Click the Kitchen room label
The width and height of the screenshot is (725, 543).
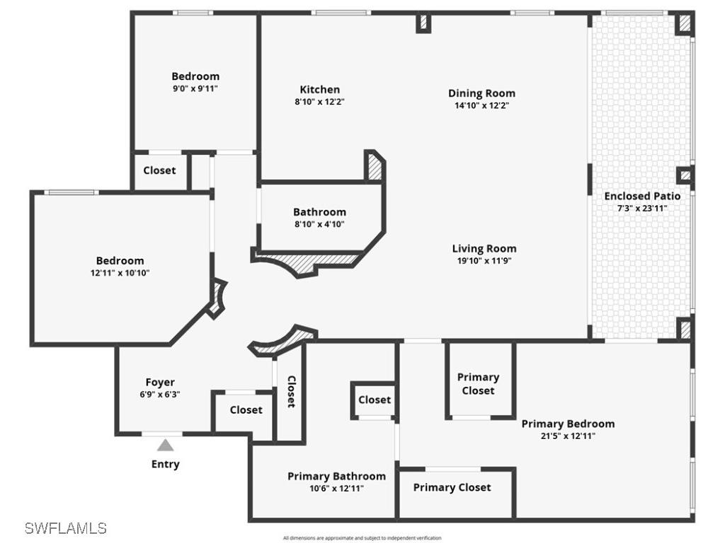320,90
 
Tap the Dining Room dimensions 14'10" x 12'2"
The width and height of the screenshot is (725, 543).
481,105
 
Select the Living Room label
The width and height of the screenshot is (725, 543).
484,248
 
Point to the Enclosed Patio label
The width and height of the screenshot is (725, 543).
642,196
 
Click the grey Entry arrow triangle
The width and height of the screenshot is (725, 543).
165,445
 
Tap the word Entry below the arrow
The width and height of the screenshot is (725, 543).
165,464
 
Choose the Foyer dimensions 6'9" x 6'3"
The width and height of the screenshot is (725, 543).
160,395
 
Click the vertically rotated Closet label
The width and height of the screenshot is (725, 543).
291,391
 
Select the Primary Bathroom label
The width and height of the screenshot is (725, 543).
336,476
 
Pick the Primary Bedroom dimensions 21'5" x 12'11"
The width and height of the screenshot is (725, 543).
568,436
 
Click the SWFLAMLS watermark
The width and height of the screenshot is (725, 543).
65,527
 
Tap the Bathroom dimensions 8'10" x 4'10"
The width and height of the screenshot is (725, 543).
319,224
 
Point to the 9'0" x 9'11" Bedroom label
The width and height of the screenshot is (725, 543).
195,76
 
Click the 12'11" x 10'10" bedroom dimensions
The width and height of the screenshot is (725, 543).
120,272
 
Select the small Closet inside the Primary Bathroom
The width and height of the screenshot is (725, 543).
375,399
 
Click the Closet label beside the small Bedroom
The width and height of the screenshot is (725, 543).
159,170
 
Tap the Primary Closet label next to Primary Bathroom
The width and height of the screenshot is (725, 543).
452,487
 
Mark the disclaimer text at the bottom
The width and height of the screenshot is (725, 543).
362,538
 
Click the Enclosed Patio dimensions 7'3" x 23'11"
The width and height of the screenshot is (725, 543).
642,208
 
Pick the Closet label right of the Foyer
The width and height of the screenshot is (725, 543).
246,409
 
